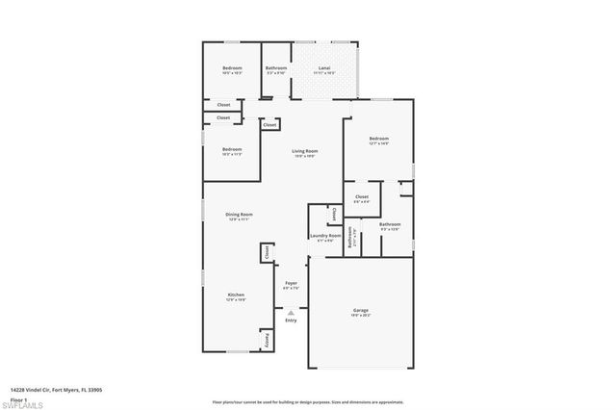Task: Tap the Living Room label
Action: (x=305, y=150)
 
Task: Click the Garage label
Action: (x=360, y=310)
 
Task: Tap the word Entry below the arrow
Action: (x=291, y=320)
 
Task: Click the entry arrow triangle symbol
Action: (x=291, y=311)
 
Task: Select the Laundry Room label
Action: (x=324, y=236)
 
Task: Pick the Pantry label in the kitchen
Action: (x=267, y=339)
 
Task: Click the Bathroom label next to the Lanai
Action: (x=277, y=67)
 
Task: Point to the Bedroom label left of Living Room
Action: (x=232, y=149)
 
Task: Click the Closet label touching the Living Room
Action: (x=269, y=124)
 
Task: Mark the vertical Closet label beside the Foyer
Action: (x=267, y=252)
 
